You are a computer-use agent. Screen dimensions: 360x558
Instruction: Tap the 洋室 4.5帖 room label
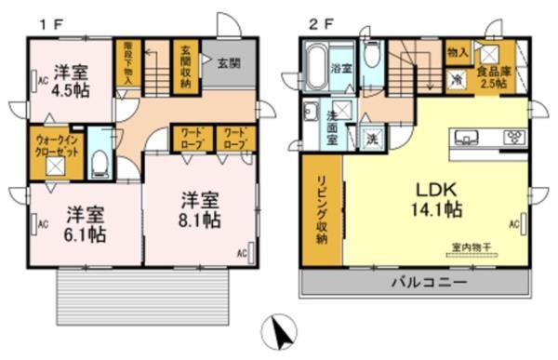click(x=71, y=79)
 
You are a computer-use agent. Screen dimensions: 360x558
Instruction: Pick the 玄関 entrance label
click(x=229, y=62)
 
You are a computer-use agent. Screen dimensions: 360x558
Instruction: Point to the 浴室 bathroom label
click(x=339, y=68)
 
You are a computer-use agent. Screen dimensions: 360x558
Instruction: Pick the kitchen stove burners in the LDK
click(x=512, y=138)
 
